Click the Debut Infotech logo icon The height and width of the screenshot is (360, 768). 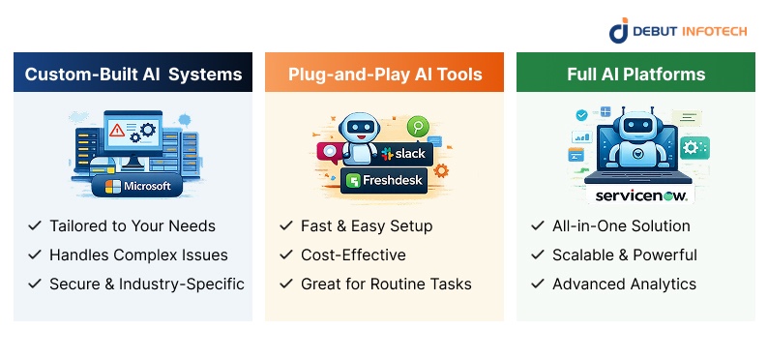(619, 29)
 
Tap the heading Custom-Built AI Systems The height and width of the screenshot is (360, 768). (133, 74)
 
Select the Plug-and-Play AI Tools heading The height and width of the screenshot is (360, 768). (384, 74)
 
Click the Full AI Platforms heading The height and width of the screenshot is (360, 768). (635, 74)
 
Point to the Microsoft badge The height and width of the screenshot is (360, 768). (137, 186)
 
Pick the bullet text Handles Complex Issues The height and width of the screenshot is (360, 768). (138, 255)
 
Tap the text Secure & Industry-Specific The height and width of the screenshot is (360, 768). (146, 285)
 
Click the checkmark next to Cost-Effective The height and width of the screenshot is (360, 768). (285, 255)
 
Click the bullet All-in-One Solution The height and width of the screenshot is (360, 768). (621, 226)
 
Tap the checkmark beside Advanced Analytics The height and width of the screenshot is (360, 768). (537, 285)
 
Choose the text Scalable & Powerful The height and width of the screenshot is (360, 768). (624, 255)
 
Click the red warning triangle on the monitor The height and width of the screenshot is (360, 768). (117, 129)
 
